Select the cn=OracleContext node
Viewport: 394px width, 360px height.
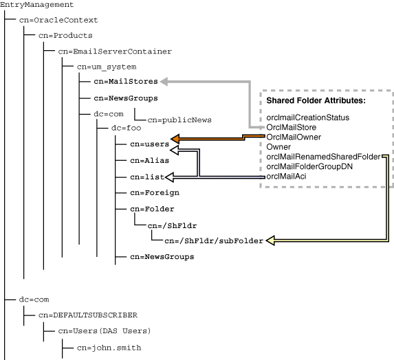coord(58,21)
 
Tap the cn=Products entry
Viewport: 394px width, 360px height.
coord(65,36)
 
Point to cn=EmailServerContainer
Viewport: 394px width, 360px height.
coord(115,51)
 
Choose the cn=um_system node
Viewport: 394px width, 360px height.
coord(107,67)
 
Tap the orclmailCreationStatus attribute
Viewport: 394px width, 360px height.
coord(307,117)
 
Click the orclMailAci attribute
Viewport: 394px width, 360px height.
coord(286,177)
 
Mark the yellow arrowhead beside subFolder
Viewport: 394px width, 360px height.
coord(272,240)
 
